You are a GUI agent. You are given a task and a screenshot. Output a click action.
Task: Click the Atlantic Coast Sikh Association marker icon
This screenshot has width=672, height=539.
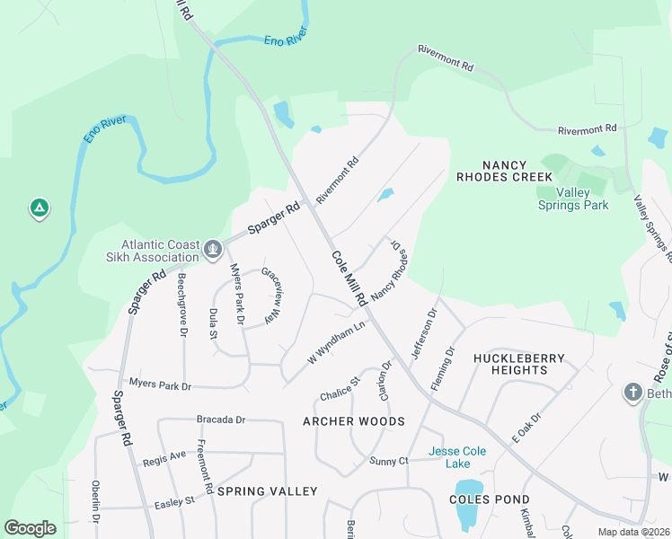213,249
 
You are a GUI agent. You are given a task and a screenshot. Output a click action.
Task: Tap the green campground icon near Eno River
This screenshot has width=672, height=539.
39,209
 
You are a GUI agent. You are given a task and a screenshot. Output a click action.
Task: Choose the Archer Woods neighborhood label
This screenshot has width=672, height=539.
353,421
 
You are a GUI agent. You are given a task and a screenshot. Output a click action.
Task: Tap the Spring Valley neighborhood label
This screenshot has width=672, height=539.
268,491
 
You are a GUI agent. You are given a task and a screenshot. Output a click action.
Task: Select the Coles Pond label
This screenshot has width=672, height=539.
491,499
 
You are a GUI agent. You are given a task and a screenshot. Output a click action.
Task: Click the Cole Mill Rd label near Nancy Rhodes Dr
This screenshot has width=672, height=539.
349,277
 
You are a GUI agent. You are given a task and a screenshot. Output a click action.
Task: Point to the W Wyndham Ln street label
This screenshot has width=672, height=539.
339,343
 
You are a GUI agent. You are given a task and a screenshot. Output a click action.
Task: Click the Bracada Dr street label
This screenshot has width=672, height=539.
221,420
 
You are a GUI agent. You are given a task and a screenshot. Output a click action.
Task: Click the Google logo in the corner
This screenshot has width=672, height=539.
30,528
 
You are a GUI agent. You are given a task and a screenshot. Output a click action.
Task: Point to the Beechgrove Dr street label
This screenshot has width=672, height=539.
182,305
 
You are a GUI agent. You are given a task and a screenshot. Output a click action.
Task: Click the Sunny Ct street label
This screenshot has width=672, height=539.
389,461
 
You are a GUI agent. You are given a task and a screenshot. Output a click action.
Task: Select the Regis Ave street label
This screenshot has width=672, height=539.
164,458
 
